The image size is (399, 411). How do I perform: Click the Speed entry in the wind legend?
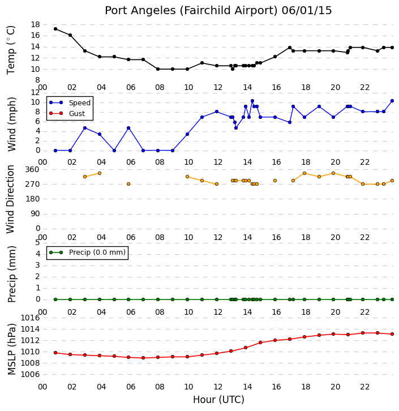tap(70, 103)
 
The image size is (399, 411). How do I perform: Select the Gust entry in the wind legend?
tap(67, 113)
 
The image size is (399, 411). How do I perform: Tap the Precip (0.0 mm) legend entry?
tap(87, 252)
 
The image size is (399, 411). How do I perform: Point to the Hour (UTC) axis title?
tap(218, 400)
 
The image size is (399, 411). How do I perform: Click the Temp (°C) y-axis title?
tap(11, 50)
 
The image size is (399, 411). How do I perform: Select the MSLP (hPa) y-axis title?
tap(11, 349)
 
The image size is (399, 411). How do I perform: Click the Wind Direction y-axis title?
tap(10, 199)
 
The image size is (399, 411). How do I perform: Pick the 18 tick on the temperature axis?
tap(35, 25)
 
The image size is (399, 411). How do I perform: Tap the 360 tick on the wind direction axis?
tap(32, 170)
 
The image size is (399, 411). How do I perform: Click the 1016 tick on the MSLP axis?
tap(30, 318)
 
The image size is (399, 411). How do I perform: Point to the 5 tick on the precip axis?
tap(37, 242)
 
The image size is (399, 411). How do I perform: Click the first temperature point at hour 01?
tap(55, 29)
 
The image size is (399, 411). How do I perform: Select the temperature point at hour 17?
tap(290, 48)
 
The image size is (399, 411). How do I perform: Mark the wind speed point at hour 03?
tap(85, 128)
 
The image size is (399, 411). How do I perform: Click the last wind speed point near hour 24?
tap(392, 101)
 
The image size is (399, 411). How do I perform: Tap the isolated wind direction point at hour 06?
tap(128, 184)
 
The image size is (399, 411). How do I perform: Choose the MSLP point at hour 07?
tap(143, 358)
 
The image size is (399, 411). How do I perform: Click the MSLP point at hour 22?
tap(363, 333)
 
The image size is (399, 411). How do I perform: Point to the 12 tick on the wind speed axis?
tap(35, 92)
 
